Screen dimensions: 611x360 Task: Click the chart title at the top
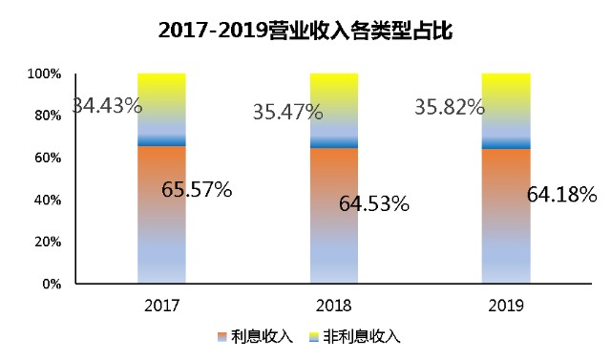[x=305, y=30]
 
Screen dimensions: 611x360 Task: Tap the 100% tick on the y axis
[x=44, y=74]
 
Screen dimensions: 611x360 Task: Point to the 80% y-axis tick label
[x=48, y=116]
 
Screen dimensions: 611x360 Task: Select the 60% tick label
[x=48, y=158]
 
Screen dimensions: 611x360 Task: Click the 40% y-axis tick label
[x=48, y=200]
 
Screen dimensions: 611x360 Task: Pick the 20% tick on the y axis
[x=48, y=242]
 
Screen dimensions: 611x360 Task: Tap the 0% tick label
[x=52, y=284]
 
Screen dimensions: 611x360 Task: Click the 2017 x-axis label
[x=161, y=306]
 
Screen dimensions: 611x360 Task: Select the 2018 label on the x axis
[x=333, y=306]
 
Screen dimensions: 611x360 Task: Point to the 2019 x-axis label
[x=506, y=306]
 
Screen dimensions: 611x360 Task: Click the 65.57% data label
[x=197, y=189]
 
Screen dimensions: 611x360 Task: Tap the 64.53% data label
[x=374, y=203]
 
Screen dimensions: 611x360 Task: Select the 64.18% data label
[x=562, y=194]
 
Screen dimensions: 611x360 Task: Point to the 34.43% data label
[x=108, y=105]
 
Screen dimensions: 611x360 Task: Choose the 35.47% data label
[x=288, y=112]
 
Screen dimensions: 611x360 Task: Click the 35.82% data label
[x=450, y=107]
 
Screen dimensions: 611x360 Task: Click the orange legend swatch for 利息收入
[x=221, y=337]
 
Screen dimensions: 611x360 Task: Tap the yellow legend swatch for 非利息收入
[x=314, y=337]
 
